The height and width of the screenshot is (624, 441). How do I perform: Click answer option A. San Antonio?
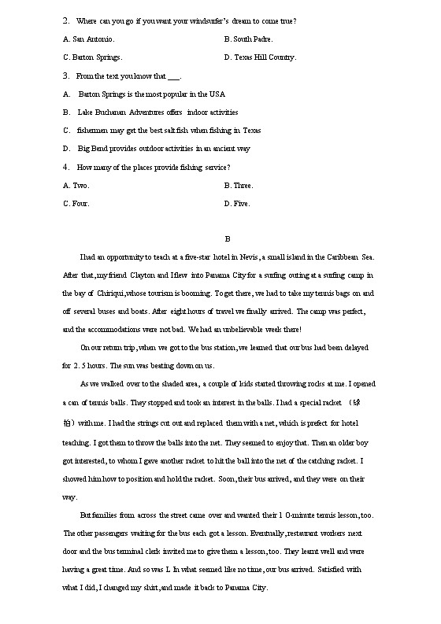point(88,39)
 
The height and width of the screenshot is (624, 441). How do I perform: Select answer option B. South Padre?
point(249,39)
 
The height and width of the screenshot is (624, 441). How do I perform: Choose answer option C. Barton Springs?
point(92,57)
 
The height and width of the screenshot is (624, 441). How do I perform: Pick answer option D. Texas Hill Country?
point(260,57)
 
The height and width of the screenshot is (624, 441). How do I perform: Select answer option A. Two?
point(76,186)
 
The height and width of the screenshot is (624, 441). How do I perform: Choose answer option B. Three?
point(239,186)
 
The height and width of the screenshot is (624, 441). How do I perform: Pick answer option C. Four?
point(76,204)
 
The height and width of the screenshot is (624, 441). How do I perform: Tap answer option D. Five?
point(237,204)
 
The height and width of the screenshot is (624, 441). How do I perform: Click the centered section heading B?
point(227,239)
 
